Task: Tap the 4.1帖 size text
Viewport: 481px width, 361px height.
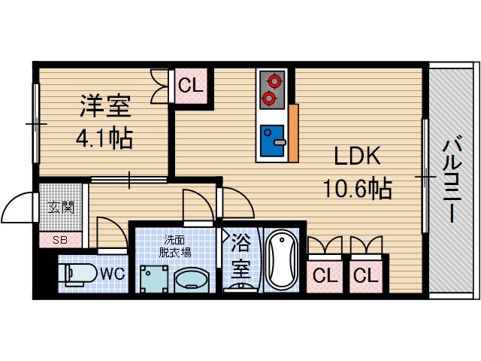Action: pyautogui.click(x=104, y=138)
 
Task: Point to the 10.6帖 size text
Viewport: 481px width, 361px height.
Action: pyautogui.click(x=357, y=188)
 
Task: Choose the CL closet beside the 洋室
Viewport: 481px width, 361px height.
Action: pyautogui.click(x=191, y=86)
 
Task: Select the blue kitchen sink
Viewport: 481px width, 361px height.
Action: pyautogui.click(x=272, y=142)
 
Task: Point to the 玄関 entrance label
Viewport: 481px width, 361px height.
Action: pyautogui.click(x=61, y=206)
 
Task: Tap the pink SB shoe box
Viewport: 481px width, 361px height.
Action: pyautogui.click(x=59, y=240)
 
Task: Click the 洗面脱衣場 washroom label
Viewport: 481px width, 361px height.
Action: pyautogui.click(x=177, y=246)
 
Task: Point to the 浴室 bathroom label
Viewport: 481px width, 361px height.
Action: pyautogui.click(x=240, y=256)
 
